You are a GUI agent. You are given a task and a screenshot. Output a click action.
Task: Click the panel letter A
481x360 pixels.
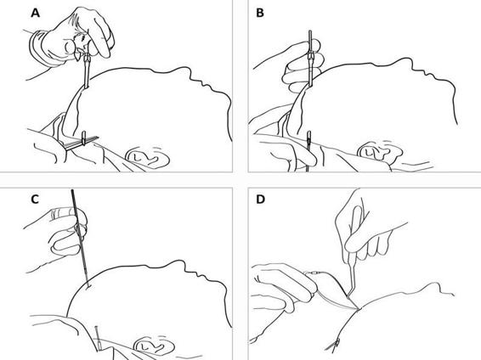pos(36,14)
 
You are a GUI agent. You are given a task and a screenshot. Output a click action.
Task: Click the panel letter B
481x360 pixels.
pos(259,14)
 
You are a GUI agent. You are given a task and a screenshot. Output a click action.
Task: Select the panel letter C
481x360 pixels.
pos(35,200)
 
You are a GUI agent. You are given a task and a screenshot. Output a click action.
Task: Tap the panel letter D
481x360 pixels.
pos(260,200)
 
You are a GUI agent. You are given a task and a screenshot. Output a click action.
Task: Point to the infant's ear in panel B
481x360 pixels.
pos(380,151)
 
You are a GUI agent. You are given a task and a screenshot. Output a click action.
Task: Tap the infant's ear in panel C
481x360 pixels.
pos(155,346)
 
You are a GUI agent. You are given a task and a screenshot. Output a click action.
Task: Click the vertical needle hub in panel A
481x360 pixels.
pos(87,70)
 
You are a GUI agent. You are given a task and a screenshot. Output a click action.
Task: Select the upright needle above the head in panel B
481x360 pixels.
pos(310,59)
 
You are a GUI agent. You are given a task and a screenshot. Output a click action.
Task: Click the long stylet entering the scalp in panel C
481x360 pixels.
pos(81,239)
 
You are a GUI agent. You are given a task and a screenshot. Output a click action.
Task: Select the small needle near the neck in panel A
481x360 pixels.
pos(82,142)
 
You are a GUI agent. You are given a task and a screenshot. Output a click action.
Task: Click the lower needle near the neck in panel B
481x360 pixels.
pos(308,150)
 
